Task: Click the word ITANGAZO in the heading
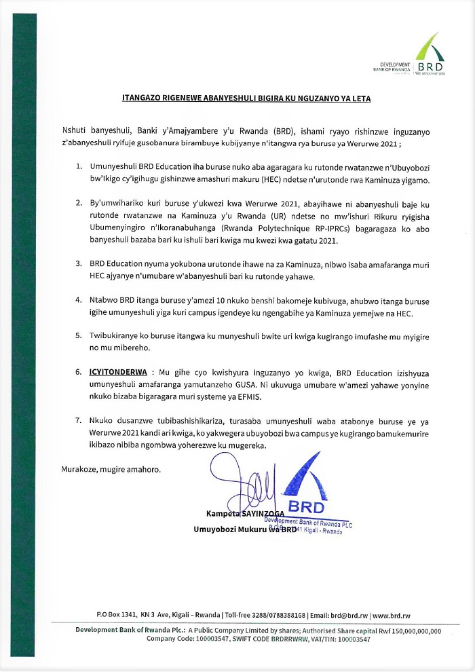point(133,98)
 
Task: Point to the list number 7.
point(79,422)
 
